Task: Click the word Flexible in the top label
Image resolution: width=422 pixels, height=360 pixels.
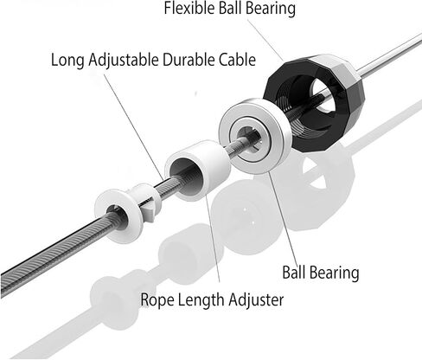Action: click(189, 8)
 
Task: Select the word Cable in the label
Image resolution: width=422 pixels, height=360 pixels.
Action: click(237, 60)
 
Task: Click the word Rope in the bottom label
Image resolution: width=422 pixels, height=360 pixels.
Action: click(157, 300)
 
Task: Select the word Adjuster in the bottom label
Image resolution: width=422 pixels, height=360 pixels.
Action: click(256, 300)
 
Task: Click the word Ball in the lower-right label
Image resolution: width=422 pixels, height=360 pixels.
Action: click(294, 273)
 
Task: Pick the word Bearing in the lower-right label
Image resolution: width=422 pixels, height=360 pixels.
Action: click(335, 273)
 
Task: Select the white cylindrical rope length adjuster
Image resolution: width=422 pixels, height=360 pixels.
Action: click(214, 162)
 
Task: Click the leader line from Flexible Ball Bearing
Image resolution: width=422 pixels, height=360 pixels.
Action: click(265, 41)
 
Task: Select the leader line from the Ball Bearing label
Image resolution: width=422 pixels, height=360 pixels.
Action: click(284, 217)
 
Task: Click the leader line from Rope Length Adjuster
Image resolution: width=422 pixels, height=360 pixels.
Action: click(213, 238)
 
